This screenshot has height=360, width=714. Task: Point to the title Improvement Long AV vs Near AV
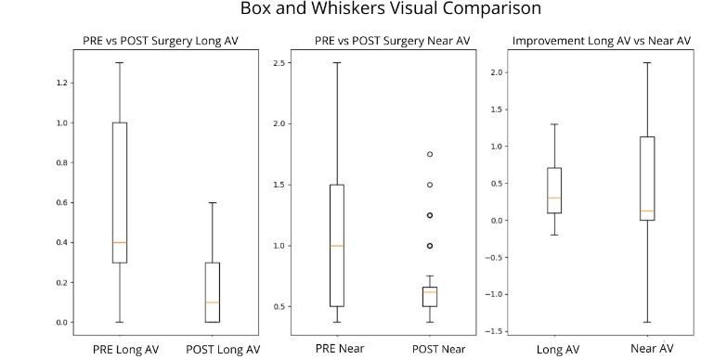coord(602,40)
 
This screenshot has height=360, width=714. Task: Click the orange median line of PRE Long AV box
coord(120,242)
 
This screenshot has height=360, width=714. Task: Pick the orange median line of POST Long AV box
coord(213,302)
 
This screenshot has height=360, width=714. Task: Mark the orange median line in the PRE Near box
coord(336,246)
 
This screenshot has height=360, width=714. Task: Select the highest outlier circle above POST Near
coord(430,154)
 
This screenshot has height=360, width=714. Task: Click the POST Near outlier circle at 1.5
coord(430,185)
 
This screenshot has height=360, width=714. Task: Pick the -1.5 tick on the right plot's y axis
coord(497,331)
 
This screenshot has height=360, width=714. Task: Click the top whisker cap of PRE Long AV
coord(120,63)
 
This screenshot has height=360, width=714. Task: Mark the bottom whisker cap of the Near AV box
coord(648,322)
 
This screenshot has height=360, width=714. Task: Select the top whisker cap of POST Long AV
coord(213,202)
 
